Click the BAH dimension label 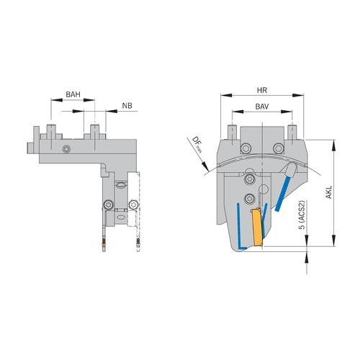(73, 95)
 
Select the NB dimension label (127, 107)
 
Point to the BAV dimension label (262, 107)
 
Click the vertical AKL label (329, 193)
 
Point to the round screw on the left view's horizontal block (66, 149)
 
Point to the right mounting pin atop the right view (293, 130)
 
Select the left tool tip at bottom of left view (105, 246)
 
